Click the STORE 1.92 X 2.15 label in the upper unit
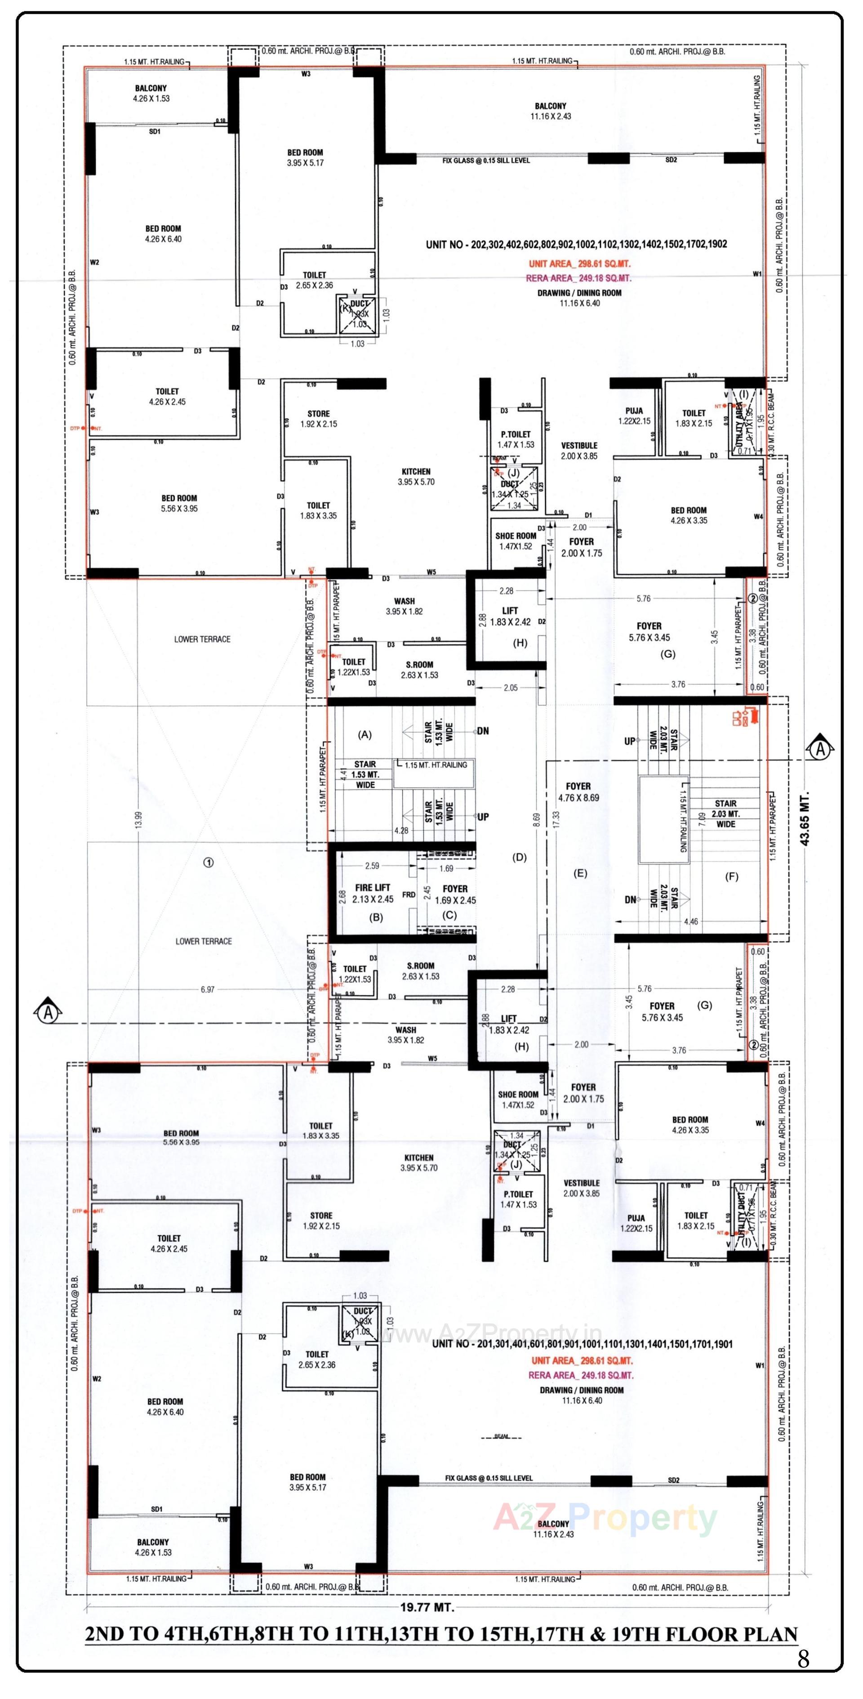pyautogui.click(x=318, y=419)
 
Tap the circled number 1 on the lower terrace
pyautogui.click(x=208, y=863)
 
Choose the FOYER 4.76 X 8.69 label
pyautogui.click(x=578, y=791)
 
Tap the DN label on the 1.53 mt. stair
pyautogui.click(x=483, y=731)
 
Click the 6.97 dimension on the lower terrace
pyautogui.click(x=208, y=989)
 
